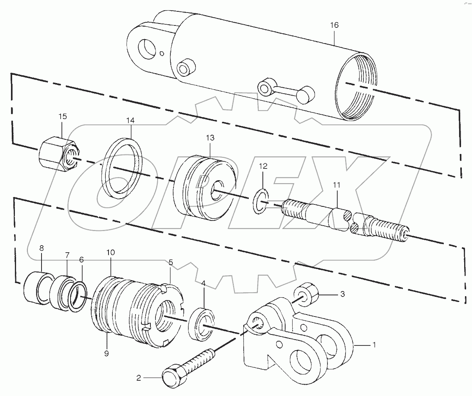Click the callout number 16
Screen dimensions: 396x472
click(334, 25)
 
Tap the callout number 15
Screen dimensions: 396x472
click(63, 117)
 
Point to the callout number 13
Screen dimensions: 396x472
click(210, 138)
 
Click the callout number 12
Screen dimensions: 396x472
click(263, 166)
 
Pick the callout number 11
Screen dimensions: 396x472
click(337, 184)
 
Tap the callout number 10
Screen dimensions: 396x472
click(110, 253)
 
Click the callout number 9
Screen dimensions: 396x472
click(107, 353)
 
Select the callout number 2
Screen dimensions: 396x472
click(138, 378)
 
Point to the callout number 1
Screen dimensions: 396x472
click(374, 345)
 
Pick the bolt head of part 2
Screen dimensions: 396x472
click(172, 377)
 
